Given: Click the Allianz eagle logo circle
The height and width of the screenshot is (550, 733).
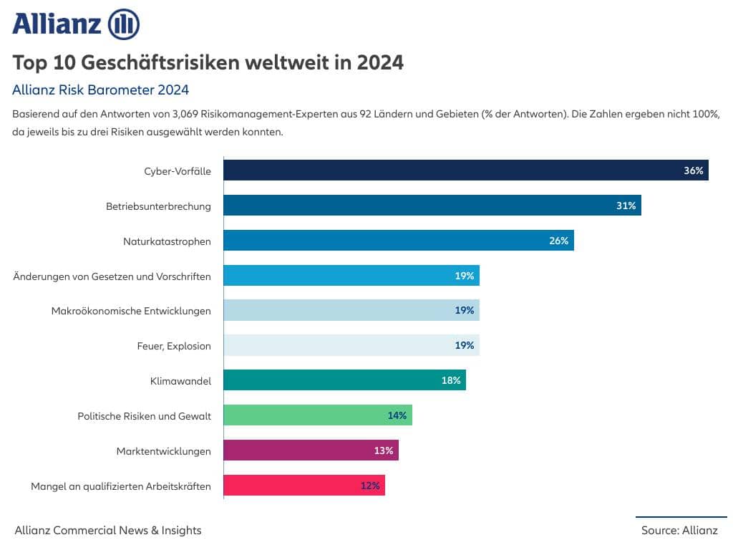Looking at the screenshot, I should tap(123, 25).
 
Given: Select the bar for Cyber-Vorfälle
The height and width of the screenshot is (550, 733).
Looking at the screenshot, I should tap(465, 170).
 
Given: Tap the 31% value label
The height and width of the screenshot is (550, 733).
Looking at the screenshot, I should tap(626, 206).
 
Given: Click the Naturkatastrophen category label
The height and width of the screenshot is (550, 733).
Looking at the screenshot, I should tap(167, 241).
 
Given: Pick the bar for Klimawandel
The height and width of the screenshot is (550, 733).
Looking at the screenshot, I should tap(344, 380).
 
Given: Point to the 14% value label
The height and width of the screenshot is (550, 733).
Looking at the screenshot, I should tap(397, 415).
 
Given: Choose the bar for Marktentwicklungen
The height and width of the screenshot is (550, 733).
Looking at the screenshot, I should tap(310, 450).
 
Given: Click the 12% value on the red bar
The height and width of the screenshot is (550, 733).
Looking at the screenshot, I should tap(370, 486).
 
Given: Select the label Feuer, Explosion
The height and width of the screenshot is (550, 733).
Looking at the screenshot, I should tap(174, 346).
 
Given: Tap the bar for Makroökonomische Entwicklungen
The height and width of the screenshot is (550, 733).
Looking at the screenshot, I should tap(351, 311).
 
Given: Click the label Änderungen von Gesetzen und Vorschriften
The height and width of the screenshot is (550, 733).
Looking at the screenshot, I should tap(112, 276).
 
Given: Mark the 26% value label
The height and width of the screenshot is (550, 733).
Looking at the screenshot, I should tap(558, 241).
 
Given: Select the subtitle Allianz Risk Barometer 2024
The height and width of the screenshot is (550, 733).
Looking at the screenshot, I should tap(100, 90).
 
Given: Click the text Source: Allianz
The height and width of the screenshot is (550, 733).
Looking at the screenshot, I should tap(679, 531).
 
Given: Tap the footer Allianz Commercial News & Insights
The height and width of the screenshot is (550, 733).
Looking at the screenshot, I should tap(108, 531).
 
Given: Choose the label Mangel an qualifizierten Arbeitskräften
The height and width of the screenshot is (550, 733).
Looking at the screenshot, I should tap(121, 486).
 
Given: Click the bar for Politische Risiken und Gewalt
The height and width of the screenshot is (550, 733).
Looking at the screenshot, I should tap(317, 415).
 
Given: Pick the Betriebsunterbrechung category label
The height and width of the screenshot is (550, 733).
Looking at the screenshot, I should tap(158, 206).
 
